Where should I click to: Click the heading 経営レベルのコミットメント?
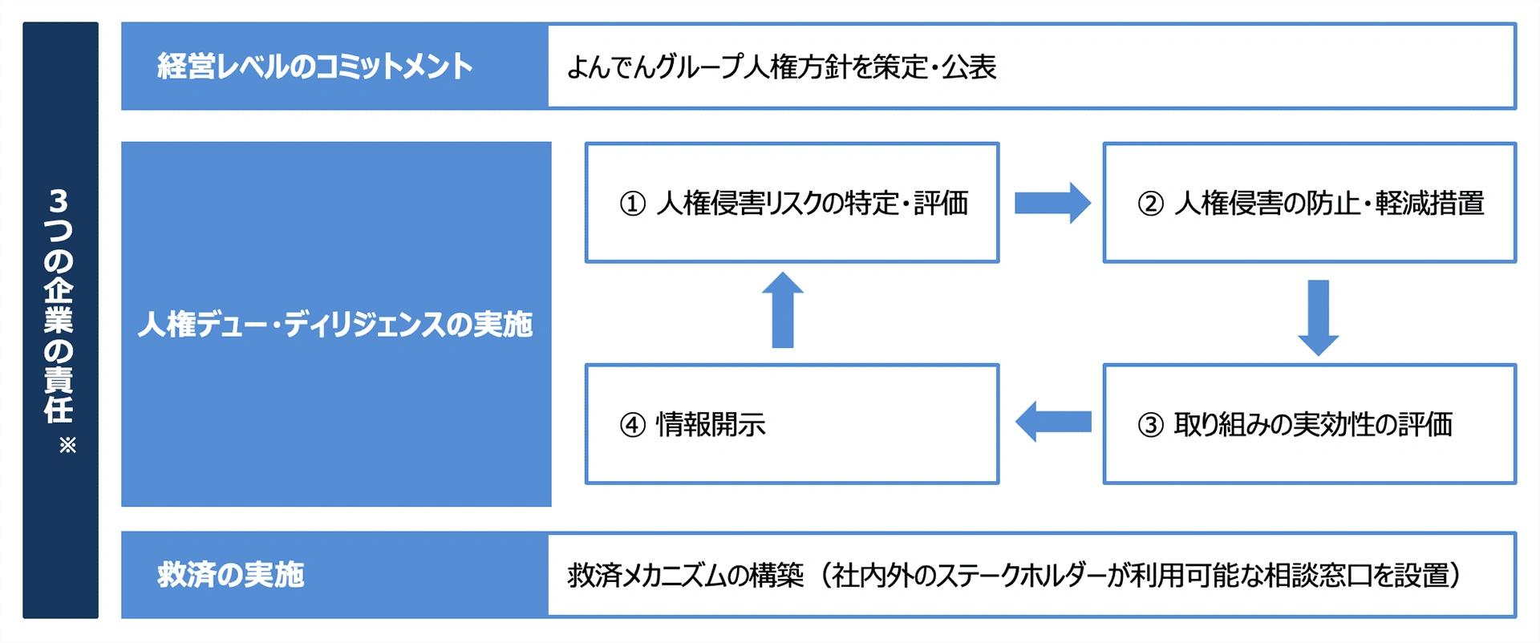[x=314, y=67]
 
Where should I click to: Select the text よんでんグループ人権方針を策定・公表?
[x=781, y=67]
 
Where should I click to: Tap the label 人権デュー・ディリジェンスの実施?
[x=335, y=325]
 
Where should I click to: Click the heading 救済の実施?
[x=231, y=575]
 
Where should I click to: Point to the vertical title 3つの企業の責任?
[x=59, y=305]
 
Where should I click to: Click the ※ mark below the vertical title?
[x=67, y=446]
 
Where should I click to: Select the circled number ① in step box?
[x=633, y=204]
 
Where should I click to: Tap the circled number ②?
[x=1150, y=204]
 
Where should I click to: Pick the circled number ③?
[x=1150, y=425]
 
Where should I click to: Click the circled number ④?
[x=633, y=425]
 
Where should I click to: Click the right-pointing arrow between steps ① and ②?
[x=1052, y=203]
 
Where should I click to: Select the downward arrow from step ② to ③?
[x=1318, y=317]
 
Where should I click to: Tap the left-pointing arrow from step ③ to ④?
[x=1052, y=422]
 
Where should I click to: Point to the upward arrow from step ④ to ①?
[x=783, y=310]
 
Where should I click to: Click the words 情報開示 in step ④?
[x=711, y=425]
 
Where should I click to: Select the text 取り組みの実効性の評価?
[x=1313, y=425]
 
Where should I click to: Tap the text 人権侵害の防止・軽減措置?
[x=1329, y=204]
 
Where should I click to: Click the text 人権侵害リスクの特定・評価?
[x=812, y=204]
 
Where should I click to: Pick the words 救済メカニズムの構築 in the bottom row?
[x=686, y=576]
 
